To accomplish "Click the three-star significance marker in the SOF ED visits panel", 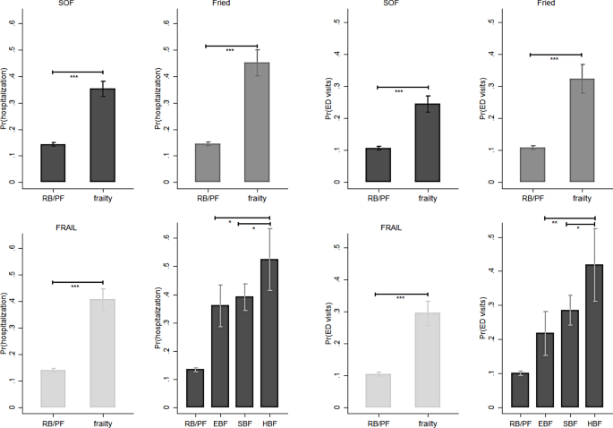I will click(x=399, y=91).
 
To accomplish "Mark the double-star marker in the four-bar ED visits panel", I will click(x=554, y=222).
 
